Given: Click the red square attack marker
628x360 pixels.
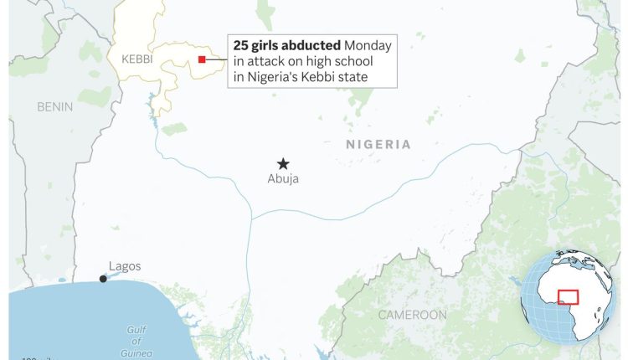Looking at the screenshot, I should point(202,59).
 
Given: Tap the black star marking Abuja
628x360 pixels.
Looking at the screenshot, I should point(283,163).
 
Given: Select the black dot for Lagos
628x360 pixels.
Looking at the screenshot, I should point(103,279).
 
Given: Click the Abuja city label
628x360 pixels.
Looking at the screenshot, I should point(283,178).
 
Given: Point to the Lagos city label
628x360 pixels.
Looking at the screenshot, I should point(125,267).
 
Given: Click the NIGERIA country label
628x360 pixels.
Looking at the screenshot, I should point(378,145).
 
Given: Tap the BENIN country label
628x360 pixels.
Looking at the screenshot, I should point(55,106).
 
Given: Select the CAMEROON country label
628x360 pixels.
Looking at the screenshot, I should point(412,315).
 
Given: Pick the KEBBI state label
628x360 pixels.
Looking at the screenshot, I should point(137,59).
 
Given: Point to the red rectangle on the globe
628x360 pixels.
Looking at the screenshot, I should point(569,296).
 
